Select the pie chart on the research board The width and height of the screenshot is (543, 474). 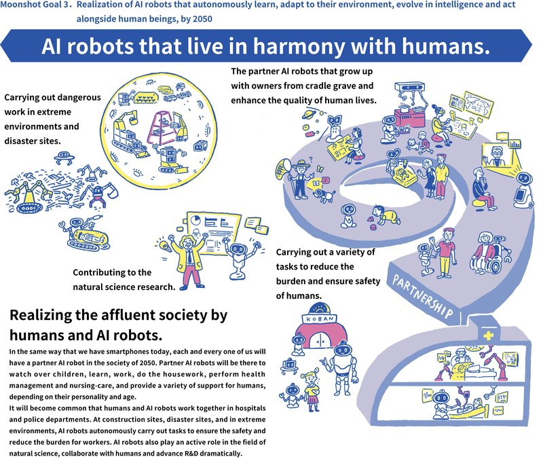coord(196,224)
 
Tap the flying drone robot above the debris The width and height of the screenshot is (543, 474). coord(65,160)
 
